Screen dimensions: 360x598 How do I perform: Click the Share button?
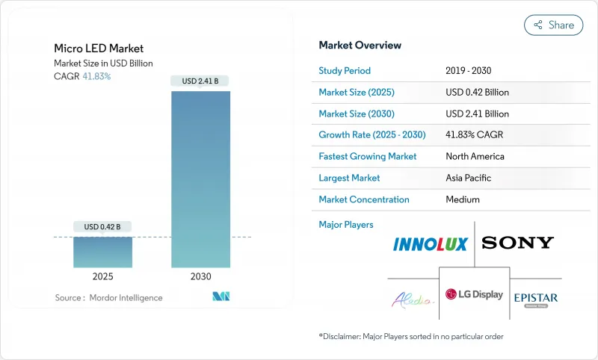click(553, 25)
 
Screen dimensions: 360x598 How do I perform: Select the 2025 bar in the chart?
click(102, 252)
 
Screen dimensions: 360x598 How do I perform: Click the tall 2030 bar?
click(200, 179)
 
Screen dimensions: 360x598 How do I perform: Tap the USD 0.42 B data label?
click(102, 227)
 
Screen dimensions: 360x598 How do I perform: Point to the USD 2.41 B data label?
click(200, 81)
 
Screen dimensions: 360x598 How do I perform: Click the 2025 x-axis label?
click(102, 276)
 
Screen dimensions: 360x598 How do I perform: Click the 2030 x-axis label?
click(200, 276)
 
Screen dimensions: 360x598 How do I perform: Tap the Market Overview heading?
click(360, 46)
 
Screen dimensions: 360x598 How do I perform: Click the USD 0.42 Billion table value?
click(477, 93)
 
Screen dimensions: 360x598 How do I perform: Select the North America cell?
click(474, 157)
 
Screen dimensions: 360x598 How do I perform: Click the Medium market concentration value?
click(462, 199)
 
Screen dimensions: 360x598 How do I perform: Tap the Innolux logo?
click(430, 243)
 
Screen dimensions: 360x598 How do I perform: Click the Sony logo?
click(517, 243)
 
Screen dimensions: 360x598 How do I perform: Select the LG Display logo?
click(474, 295)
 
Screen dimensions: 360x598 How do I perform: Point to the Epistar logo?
click(535, 298)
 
